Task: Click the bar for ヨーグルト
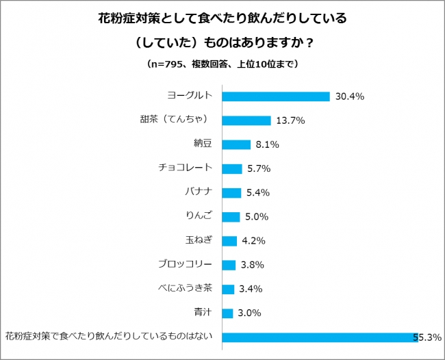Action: point(277,97)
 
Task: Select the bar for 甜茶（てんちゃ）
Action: point(247,120)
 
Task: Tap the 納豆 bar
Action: point(237,144)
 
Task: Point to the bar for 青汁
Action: point(229,313)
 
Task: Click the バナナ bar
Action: point(233,192)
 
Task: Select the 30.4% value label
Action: point(349,97)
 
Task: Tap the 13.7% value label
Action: point(290,120)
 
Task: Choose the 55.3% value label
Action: point(426,337)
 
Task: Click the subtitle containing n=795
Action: point(222,64)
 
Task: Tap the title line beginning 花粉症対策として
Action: point(222,18)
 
